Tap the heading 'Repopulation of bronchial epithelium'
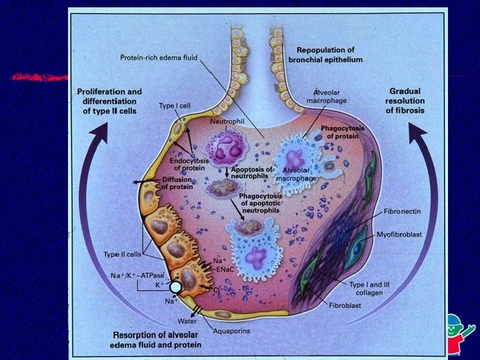tap(325, 55)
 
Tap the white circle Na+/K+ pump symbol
tap(175, 287)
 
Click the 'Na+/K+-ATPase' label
tap(137, 275)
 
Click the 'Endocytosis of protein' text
tap(176, 163)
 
